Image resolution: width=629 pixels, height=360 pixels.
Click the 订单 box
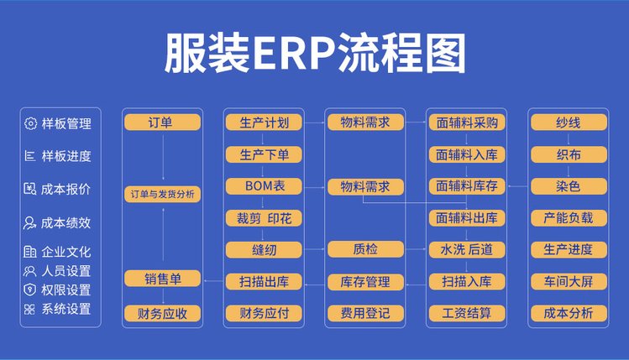pos(162,123)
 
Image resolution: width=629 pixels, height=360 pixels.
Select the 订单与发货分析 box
pos(162,195)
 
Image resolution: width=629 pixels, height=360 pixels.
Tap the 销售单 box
pos(162,279)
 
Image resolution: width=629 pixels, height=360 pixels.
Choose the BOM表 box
pos(264,186)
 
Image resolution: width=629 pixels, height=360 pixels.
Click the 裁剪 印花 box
pos(264,218)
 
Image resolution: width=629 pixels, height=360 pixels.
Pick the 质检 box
pos(365,249)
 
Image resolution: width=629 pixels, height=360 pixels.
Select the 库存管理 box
pos(365,282)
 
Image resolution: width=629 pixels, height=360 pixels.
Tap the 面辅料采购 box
pos(467,123)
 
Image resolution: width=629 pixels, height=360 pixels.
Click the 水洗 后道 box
pos(467,249)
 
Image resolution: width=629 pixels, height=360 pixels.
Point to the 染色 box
pos(569,186)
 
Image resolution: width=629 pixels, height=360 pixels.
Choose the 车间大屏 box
pos(569,282)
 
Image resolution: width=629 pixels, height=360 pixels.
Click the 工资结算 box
pos(467,314)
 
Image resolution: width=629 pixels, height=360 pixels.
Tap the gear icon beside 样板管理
pos(30,123)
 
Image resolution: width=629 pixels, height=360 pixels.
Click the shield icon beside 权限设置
pos(29,290)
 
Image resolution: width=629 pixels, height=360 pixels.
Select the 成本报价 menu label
pos(66,189)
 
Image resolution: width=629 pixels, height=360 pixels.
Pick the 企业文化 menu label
pos(66,252)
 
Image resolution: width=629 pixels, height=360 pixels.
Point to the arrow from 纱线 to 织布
pos(569,139)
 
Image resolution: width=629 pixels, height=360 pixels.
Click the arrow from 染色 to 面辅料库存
pos(518,186)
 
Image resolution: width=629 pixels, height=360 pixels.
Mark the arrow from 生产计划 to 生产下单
pos(263,139)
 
